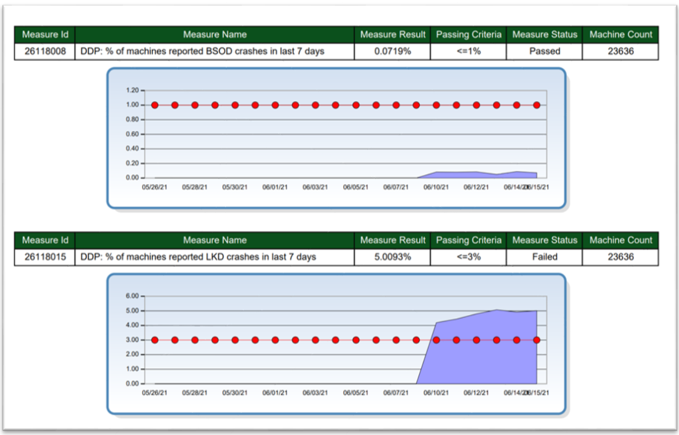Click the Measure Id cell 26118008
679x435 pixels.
[45, 51]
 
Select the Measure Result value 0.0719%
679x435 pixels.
[392, 51]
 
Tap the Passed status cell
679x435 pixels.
[544, 51]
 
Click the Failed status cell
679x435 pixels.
[544, 257]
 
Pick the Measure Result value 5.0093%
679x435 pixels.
[392, 257]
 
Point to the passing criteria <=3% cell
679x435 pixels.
[469, 257]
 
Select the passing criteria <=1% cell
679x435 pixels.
[469, 51]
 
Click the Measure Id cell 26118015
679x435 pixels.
[45, 257]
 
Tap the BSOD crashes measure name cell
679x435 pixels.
[202, 51]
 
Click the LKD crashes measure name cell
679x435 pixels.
[198, 257]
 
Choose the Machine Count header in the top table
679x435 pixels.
[621, 34]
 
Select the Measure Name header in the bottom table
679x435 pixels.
[215, 240]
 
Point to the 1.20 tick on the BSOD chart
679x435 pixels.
[132, 90]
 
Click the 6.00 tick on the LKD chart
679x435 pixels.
[132, 296]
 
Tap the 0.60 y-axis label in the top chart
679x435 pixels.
[132, 134]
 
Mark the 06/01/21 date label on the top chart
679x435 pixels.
[275, 187]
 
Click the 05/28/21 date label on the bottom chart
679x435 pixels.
[194, 393]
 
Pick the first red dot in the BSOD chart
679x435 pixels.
[155, 105]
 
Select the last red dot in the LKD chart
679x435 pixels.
[537, 340]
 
